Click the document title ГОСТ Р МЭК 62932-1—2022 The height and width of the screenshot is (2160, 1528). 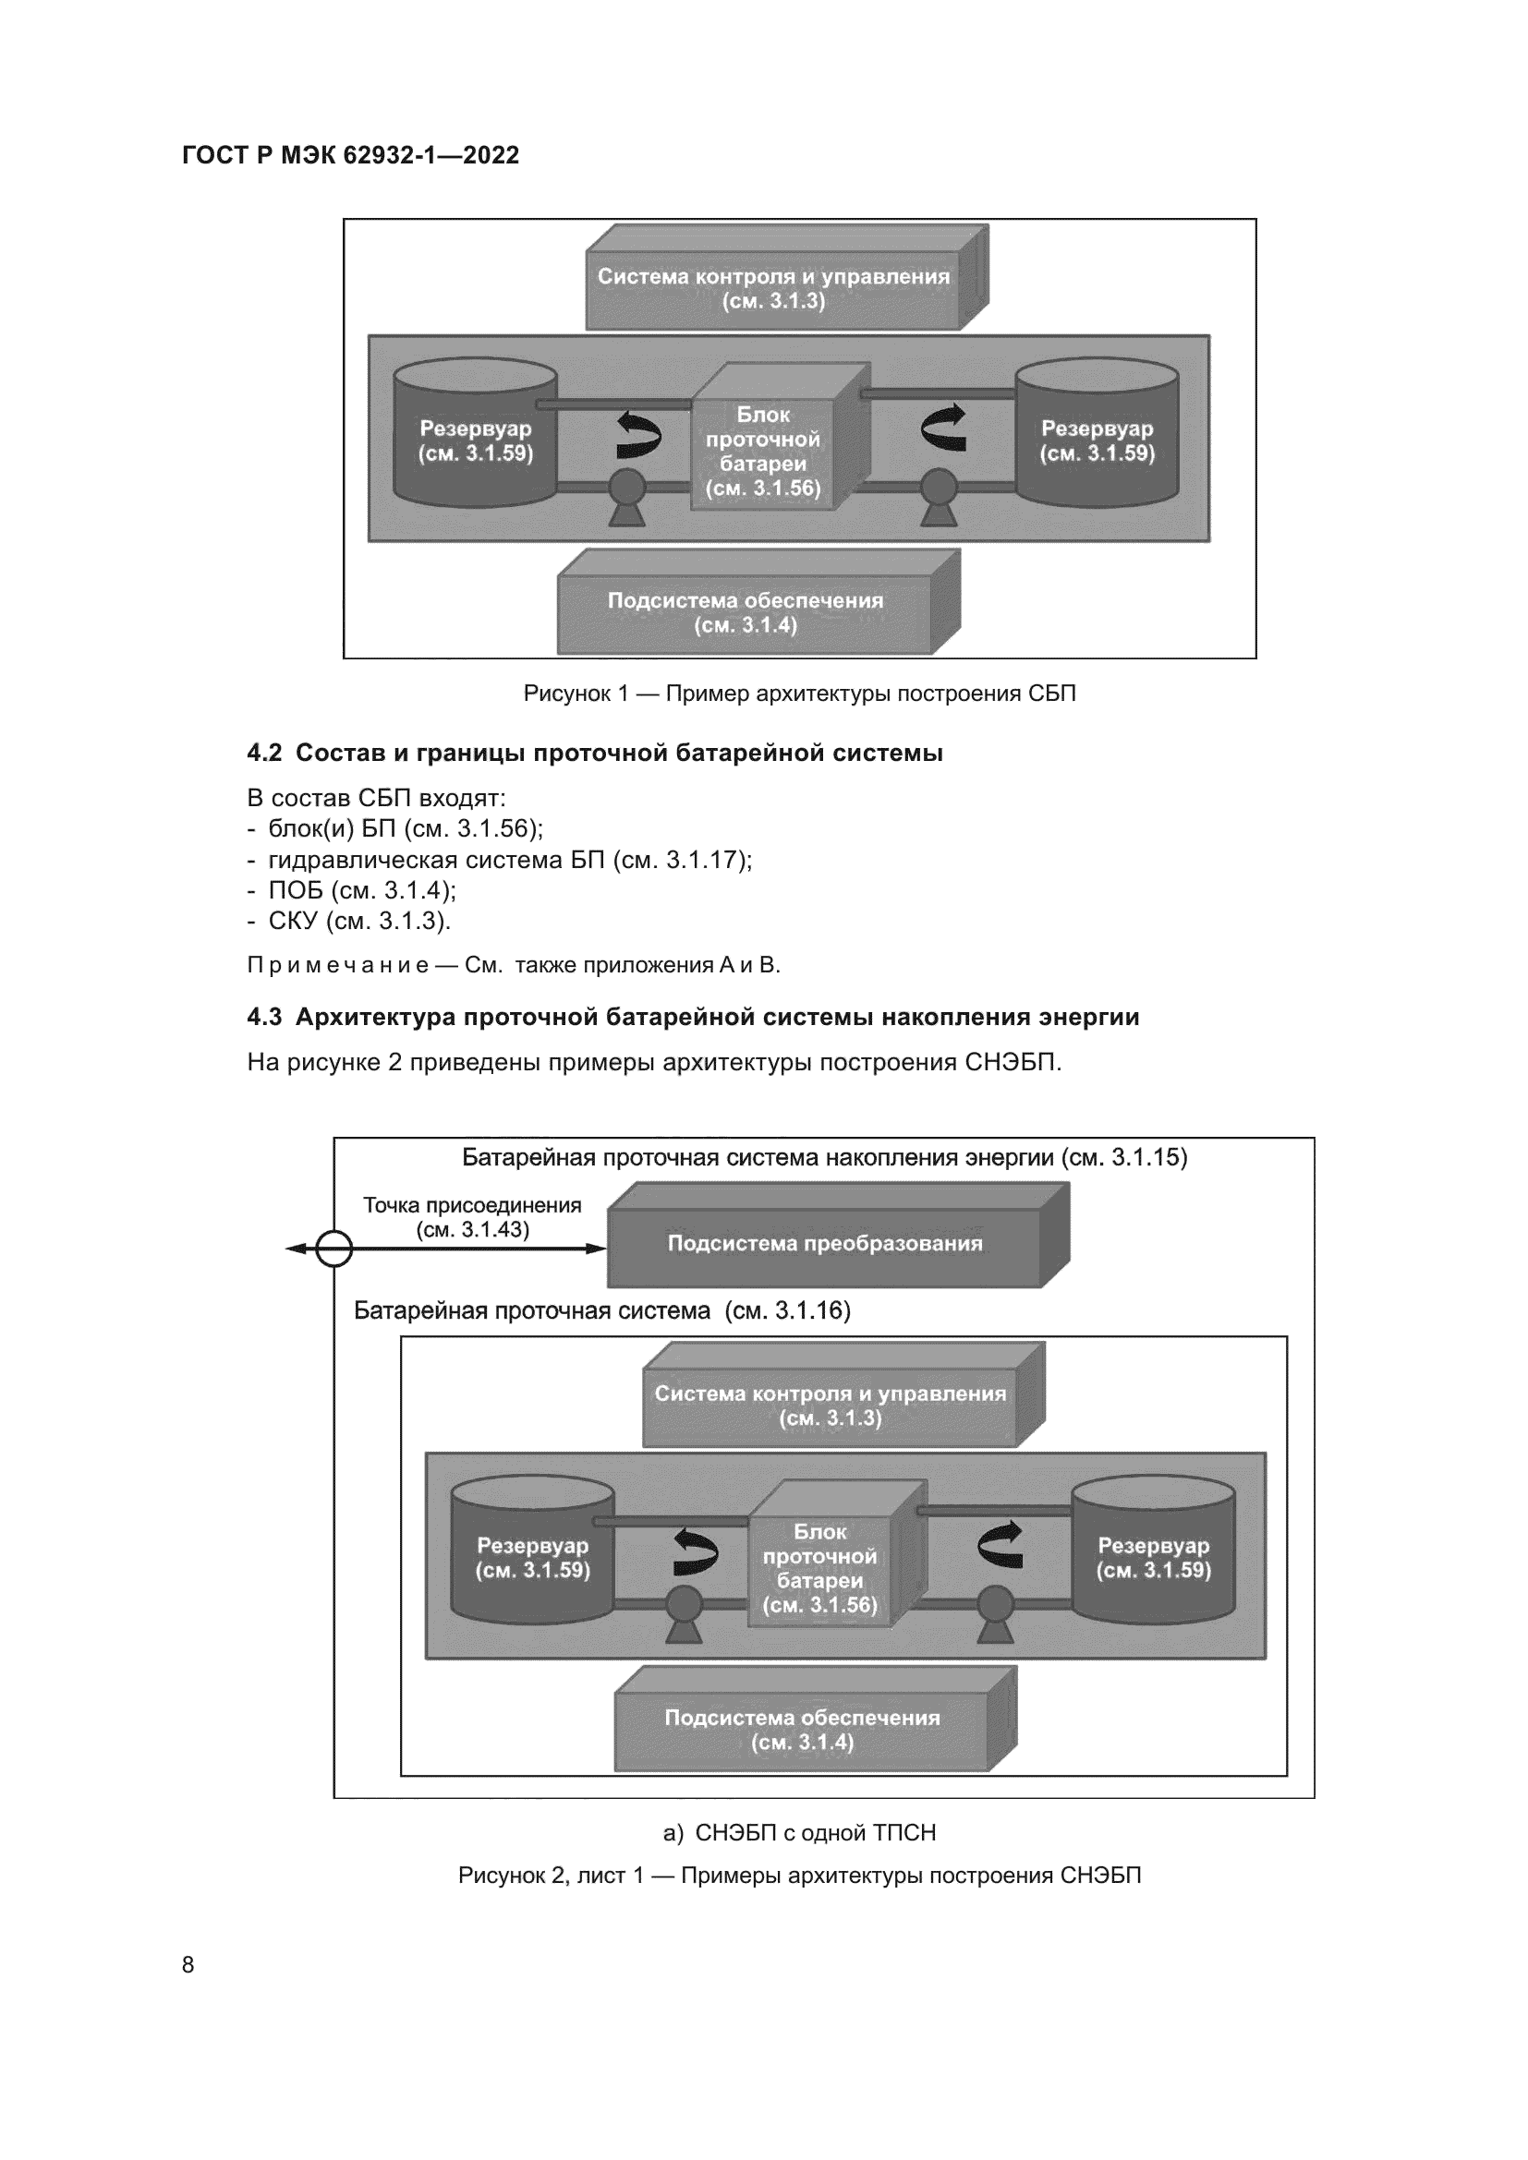(x=350, y=155)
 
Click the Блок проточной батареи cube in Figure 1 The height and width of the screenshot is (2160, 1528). (x=763, y=452)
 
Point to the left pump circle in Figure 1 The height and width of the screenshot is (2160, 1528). (x=626, y=489)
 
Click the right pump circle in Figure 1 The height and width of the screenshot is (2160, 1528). (x=937, y=489)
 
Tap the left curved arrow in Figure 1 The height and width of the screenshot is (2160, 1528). (x=639, y=433)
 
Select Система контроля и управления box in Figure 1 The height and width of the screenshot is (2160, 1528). (x=773, y=289)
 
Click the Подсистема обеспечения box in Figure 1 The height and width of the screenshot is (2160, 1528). (x=746, y=612)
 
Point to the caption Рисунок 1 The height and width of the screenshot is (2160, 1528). (x=799, y=694)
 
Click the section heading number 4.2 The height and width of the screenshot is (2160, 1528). (x=264, y=753)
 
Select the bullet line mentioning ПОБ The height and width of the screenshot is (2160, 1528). (x=353, y=890)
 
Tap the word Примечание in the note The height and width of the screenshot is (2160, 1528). (x=338, y=965)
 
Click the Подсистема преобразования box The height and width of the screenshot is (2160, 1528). (x=825, y=1244)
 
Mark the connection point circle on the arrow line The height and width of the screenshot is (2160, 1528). (x=334, y=1249)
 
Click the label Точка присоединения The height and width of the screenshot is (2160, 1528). (x=472, y=1205)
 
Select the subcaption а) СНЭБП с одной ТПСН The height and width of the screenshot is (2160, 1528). (x=800, y=1832)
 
